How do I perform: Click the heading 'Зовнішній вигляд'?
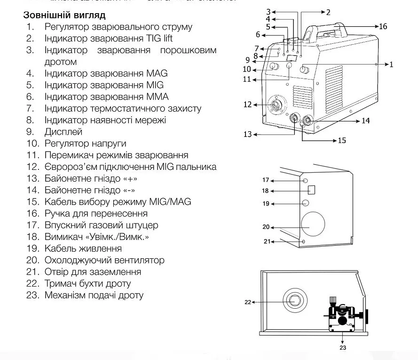[64, 16]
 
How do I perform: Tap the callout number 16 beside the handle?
[383, 26]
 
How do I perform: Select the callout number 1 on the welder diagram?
[391, 64]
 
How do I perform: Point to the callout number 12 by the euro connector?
[248, 104]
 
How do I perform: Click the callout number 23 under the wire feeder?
[343, 347]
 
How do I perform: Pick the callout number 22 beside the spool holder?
[248, 302]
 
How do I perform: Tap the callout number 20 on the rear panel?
[266, 227]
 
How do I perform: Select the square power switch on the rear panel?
[311, 190]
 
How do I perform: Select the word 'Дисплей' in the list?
[63, 132]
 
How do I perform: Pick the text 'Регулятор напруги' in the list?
[85, 144]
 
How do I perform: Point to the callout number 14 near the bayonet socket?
[365, 121]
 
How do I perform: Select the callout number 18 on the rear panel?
[265, 191]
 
